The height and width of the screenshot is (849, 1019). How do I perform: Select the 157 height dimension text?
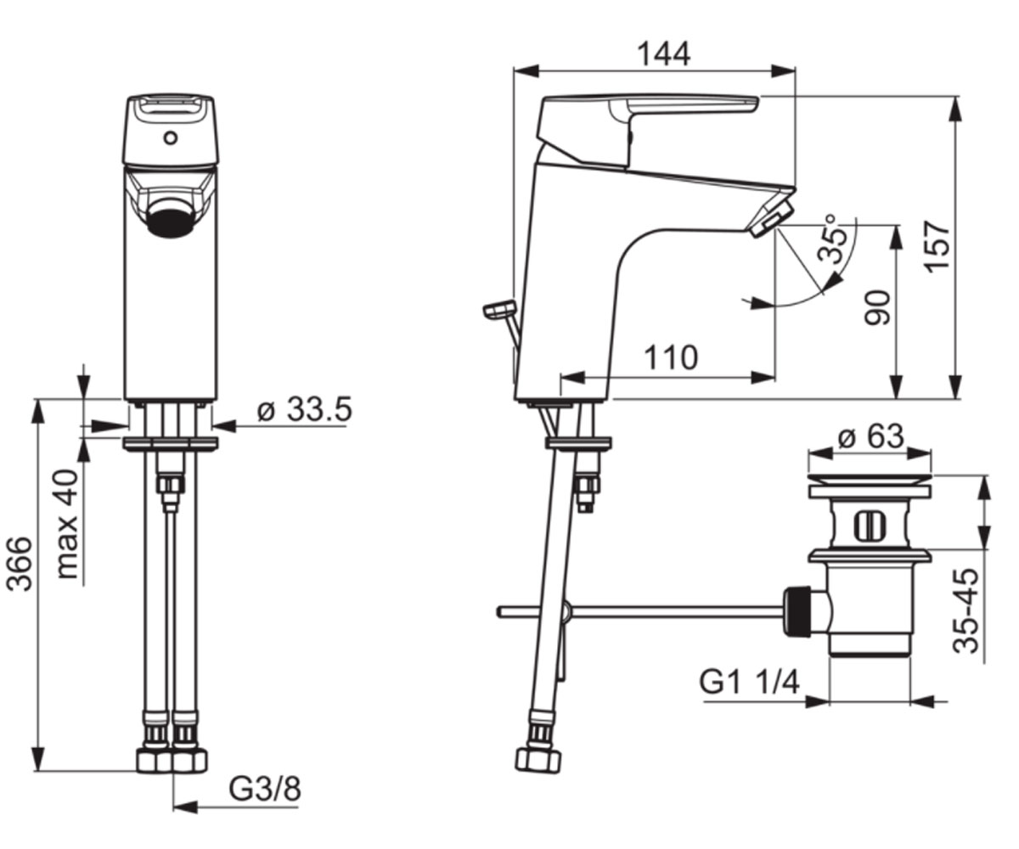(937, 247)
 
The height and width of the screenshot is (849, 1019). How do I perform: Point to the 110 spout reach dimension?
(671, 357)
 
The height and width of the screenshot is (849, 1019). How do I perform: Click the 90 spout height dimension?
(877, 307)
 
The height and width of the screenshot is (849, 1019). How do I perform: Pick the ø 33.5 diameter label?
(305, 409)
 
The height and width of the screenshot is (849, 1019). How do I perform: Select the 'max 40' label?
(68, 524)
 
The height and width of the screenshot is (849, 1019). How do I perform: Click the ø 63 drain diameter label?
(870, 436)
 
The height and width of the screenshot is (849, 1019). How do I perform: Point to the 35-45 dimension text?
(966, 611)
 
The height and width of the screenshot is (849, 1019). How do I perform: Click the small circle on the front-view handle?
(171, 138)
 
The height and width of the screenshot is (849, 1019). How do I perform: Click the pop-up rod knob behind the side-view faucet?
(499, 309)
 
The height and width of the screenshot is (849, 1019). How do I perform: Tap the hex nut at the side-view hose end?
(538, 762)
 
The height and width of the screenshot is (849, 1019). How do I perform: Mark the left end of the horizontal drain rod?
(498, 611)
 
